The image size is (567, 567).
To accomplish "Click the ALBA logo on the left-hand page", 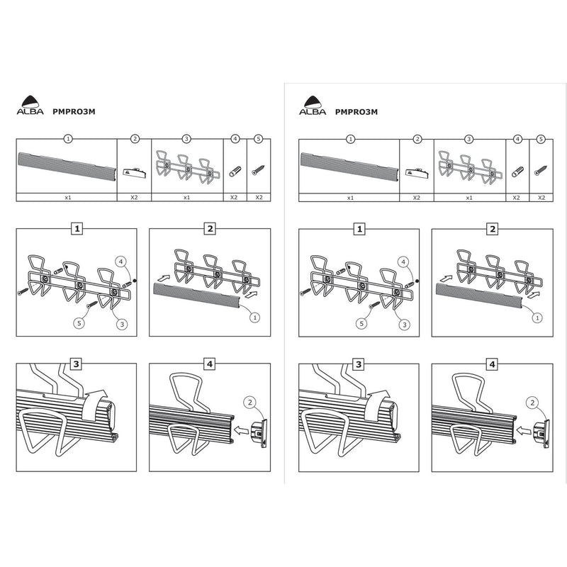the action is pos(30,105).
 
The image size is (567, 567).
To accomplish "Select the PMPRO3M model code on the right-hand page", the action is pos(357,112).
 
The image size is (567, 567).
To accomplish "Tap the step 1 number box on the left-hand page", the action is pos(77,228).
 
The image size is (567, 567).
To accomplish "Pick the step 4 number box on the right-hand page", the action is pos(492,364).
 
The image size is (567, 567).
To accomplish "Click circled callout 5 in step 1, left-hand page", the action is pos(79,323).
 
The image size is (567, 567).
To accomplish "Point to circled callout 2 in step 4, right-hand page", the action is pos(532,403).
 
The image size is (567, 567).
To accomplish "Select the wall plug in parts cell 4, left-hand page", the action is pos(235,172).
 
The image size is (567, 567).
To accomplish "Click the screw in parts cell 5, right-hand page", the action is pos(541,170).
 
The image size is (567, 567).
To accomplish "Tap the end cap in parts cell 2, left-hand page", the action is pos(135,172).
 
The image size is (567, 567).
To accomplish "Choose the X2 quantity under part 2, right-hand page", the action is pos(417,198).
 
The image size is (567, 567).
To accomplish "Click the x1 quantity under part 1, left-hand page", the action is pos(68,198).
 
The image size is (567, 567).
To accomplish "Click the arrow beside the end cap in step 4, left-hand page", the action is pos(241,430).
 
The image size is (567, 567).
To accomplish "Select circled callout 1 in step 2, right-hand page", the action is pos(537,318).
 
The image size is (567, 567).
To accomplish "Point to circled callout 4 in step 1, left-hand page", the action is pos(120,262).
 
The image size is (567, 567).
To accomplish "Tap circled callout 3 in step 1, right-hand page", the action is pos(405,325).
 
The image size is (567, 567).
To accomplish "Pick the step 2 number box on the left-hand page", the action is pos(210,228).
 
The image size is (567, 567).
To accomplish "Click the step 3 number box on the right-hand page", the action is pos(359,364).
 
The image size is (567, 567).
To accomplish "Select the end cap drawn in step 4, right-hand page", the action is pos(541,433).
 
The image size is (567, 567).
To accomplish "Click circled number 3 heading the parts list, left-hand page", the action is pos(186,139).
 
